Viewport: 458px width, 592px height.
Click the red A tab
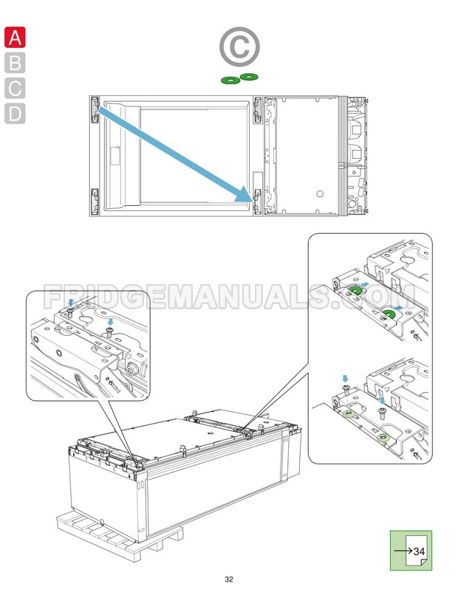pyautogui.click(x=15, y=37)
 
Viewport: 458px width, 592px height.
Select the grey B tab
pyautogui.click(x=15, y=63)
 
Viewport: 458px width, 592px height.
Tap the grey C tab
pyautogui.click(x=15, y=89)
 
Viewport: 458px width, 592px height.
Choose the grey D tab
pyautogui.click(x=15, y=114)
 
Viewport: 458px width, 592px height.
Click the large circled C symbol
pyautogui.click(x=239, y=47)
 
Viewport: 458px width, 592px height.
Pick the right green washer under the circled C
pyautogui.click(x=250, y=77)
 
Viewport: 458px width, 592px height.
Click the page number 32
pyautogui.click(x=229, y=579)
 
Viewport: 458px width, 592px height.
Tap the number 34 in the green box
pyautogui.click(x=419, y=551)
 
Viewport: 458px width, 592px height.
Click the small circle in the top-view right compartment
pyautogui.click(x=319, y=193)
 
